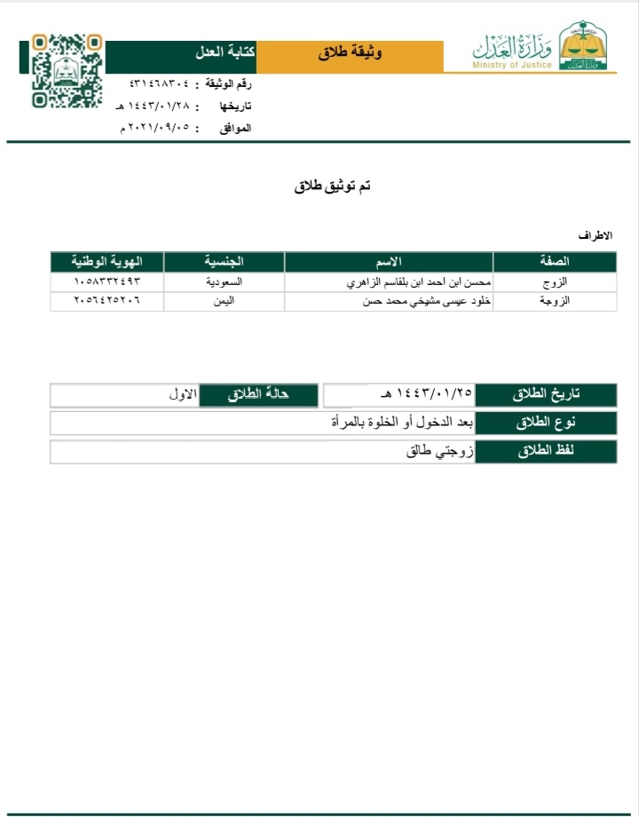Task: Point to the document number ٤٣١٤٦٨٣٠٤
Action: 160,84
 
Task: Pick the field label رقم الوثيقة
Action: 229,84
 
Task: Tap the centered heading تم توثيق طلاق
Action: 332,186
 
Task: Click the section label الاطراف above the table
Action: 596,238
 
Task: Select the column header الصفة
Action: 555,262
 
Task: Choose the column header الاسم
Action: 389,262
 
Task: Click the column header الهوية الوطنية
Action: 107,262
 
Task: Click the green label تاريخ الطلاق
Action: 546,395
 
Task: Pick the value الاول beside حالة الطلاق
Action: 182,393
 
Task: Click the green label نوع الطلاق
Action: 546,424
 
